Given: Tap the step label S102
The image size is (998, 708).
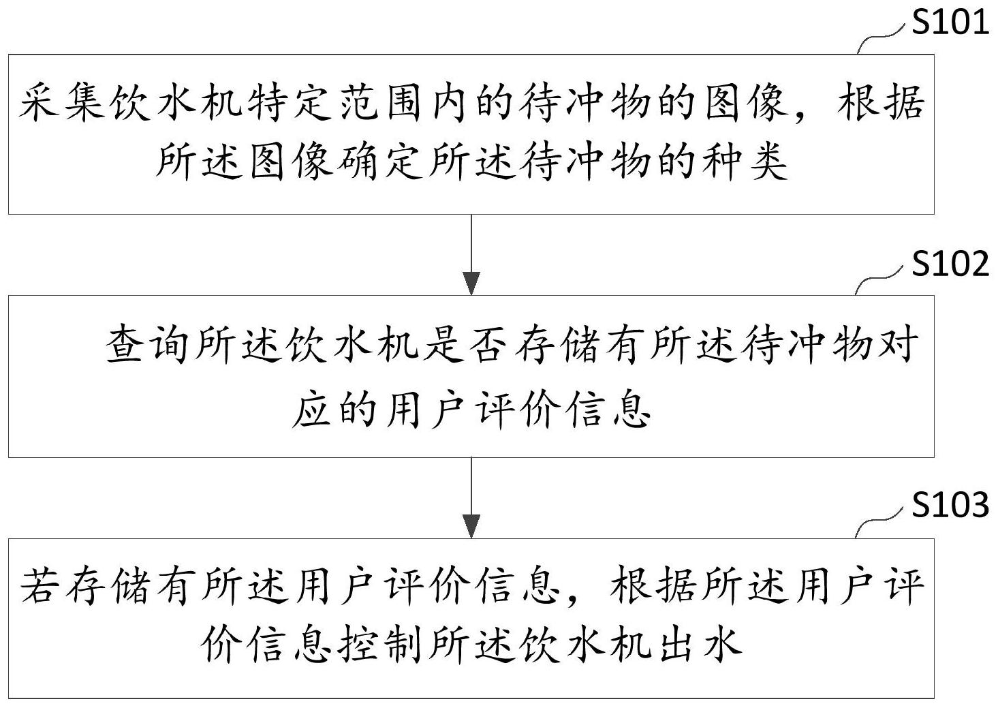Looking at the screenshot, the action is [x=950, y=264].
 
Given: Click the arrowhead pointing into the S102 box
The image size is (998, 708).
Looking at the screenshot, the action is [x=471, y=283].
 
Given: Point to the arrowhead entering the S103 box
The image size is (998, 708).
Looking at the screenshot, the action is [x=471, y=526].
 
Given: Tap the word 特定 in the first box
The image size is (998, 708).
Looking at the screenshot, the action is [x=290, y=102].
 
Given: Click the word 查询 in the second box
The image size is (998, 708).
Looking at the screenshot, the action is [x=147, y=344].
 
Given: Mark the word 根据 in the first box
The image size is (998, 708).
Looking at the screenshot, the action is [x=880, y=102].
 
